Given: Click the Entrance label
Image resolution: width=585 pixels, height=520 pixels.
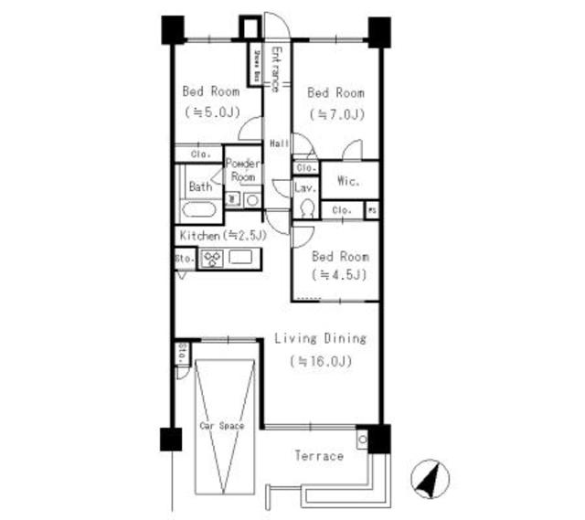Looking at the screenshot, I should [275, 68].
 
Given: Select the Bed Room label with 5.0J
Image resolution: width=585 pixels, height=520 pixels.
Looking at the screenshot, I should [211, 91].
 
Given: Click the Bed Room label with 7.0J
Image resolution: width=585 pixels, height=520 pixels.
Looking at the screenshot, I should [335, 92].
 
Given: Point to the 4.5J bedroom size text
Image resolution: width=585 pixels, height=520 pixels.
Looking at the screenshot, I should [341, 275].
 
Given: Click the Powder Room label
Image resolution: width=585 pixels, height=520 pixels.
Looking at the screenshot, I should [243, 170].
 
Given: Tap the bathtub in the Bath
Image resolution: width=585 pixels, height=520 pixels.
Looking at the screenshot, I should [198, 210].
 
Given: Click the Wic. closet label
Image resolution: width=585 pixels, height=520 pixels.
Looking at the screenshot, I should [347, 181].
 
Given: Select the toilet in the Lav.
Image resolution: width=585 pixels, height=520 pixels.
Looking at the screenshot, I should [306, 208].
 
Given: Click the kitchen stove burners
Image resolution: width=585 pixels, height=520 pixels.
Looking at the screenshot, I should [211, 260].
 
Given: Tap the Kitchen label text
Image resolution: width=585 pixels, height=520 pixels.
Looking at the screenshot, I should [199, 236].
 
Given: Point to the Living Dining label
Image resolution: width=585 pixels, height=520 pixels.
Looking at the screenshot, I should [320, 339].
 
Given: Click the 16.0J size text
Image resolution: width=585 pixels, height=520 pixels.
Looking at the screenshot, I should [321, 361].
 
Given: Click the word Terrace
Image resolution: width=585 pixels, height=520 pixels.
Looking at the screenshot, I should [318, 455].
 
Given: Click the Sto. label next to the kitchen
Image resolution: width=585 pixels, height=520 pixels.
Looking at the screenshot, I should [182, 260].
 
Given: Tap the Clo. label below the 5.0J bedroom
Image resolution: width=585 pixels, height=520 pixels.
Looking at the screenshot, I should [200, 154].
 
